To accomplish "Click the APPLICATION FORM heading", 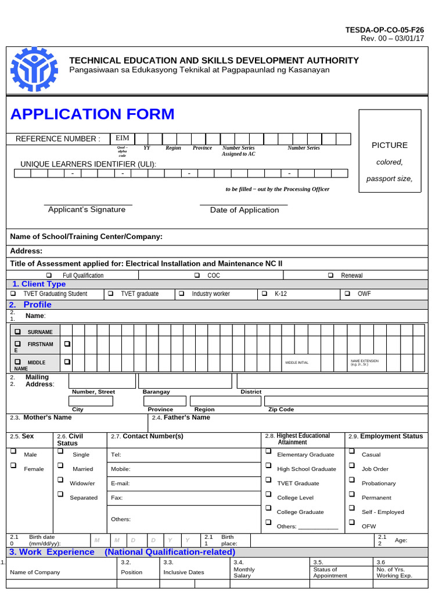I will [92, 114].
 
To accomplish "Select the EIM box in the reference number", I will [123, 138].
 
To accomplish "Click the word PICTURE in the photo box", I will [390, 145].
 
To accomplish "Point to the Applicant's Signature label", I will [87, 209].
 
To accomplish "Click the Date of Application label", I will [244, 210].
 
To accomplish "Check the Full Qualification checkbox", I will [49, 275].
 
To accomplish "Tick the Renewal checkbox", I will [330, 275].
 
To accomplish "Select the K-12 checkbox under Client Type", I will [265, 294].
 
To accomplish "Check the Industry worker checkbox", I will [182, 294].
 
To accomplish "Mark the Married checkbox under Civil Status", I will [60, 465].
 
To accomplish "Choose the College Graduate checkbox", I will [268, 508].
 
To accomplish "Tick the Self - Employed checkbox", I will [351, 508].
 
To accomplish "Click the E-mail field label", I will [120, 483].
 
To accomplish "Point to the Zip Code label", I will [281, 409].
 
